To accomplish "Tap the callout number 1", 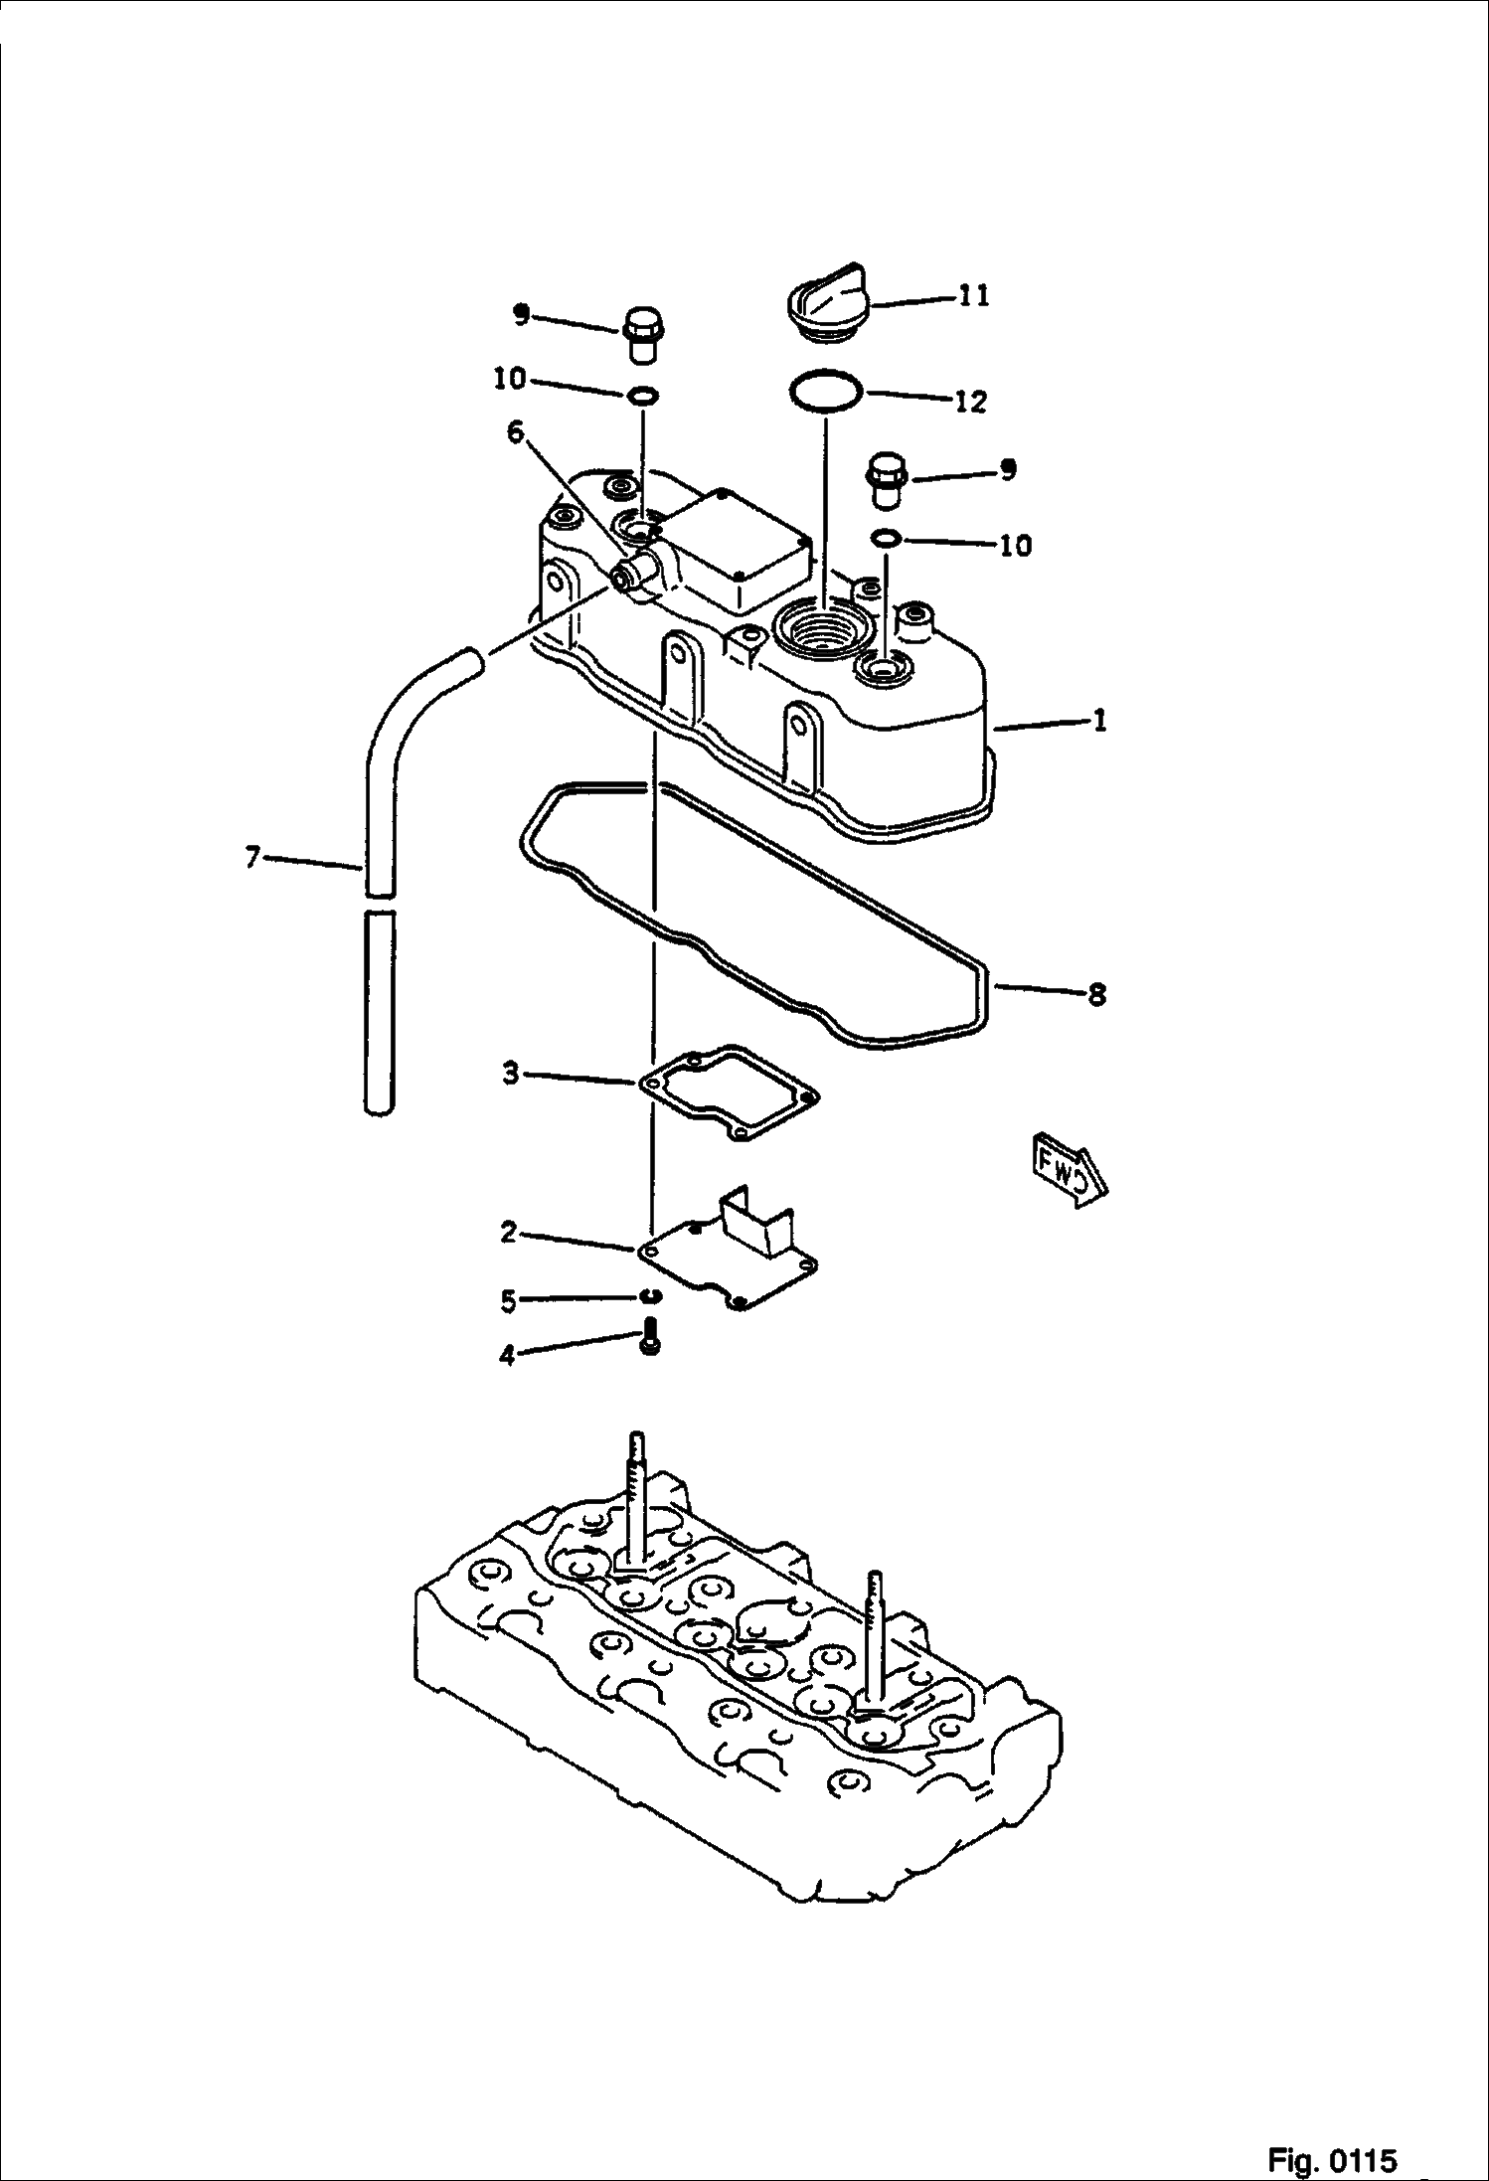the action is click(x=1099, y=721).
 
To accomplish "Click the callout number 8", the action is click(x=1096, y=994).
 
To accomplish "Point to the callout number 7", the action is click(x=252, y=856).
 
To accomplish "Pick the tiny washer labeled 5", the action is click(x=649, y=1294).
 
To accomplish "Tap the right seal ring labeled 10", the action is click(x=886, y=539).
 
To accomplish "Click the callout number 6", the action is click(x=514, y=432).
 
